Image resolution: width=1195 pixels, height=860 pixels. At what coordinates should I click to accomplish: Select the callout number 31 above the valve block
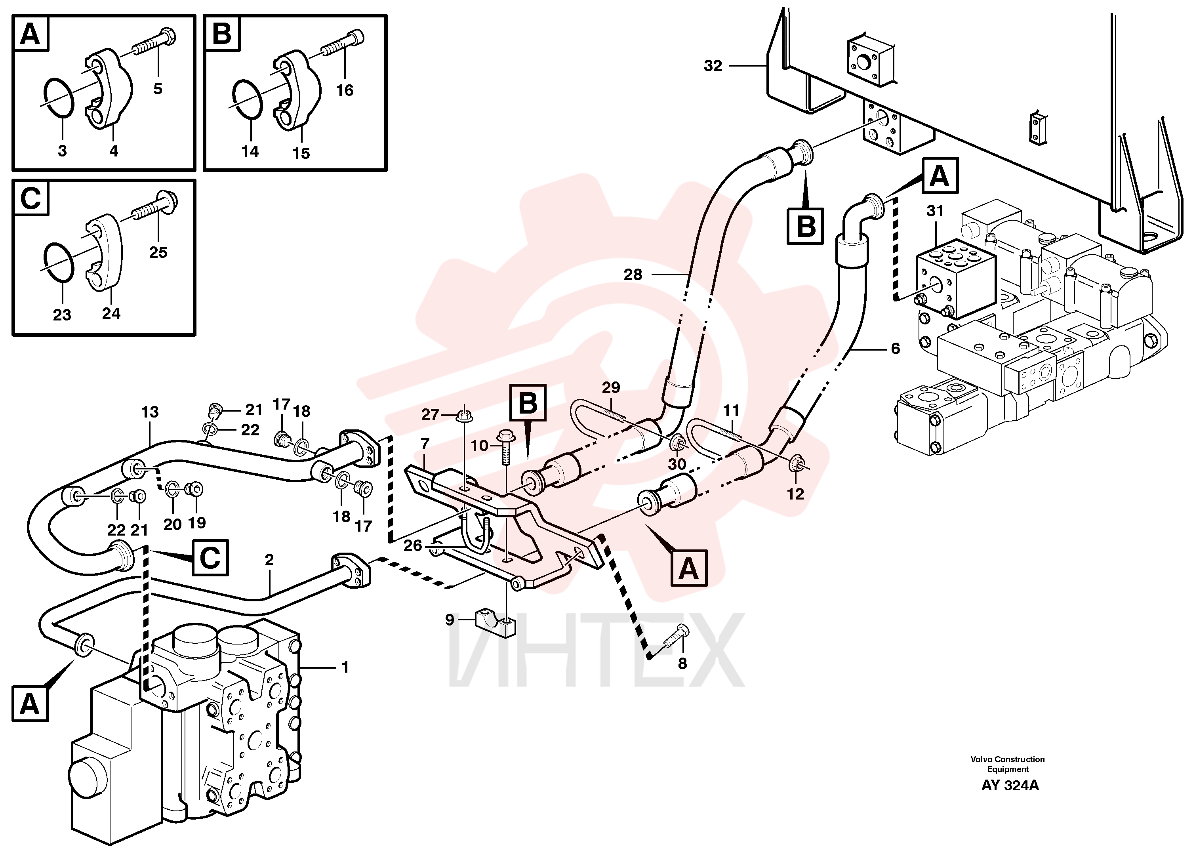pos(935,211)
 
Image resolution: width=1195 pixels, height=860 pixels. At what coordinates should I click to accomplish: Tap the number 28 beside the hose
pos(633,275)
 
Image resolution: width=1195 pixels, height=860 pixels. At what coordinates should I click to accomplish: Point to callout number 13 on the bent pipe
pos(150,412)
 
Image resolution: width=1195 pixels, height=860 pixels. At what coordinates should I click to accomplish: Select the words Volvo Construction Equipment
pos(1007,764)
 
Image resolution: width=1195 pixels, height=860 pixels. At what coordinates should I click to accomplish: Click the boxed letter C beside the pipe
pos(210,557)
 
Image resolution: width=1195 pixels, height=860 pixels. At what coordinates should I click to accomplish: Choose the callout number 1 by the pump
pos(345,667)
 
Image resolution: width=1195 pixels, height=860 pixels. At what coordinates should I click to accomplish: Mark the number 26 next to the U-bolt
pos(413,545)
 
